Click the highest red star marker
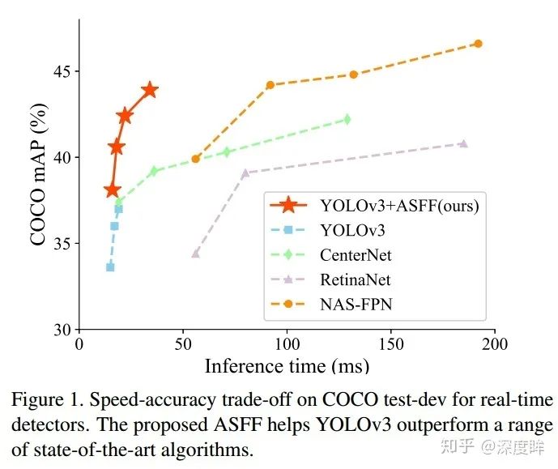click(x=149, y=90)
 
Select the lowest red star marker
click(x=113, y=190)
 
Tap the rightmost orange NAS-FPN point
click(x=478, y=44)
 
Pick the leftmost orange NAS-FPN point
click(x=196, y=159)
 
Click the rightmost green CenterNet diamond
click(x=347, y=119)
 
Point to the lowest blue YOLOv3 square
click(x=110, y=266)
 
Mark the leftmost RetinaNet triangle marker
click(x=195, y=254)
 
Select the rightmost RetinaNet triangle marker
click(x=463, y=143)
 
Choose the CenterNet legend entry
click(x=356, y=255)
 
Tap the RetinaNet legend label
click(x=356, y=280)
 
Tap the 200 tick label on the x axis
click(x=495, y=343)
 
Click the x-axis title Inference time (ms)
click(x=287, y=365)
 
